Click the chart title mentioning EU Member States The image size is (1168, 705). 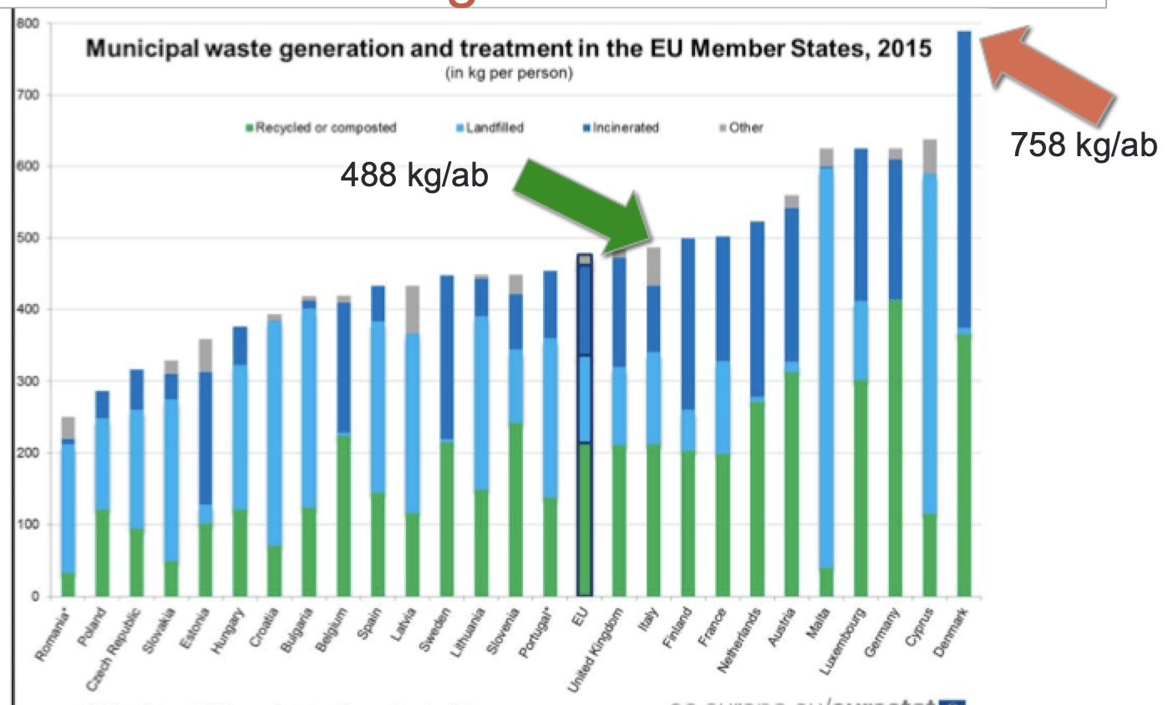coord(508,49)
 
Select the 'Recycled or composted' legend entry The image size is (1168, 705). coord(326,128)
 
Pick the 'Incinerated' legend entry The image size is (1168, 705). coord(626,128)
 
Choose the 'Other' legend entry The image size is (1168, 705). coord(745,128)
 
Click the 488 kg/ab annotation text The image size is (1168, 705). coord(414,176)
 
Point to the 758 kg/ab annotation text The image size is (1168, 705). coord(1084,145)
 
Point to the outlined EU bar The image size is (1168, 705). coord(585,426)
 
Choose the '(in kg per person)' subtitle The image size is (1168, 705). coord(508,74)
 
